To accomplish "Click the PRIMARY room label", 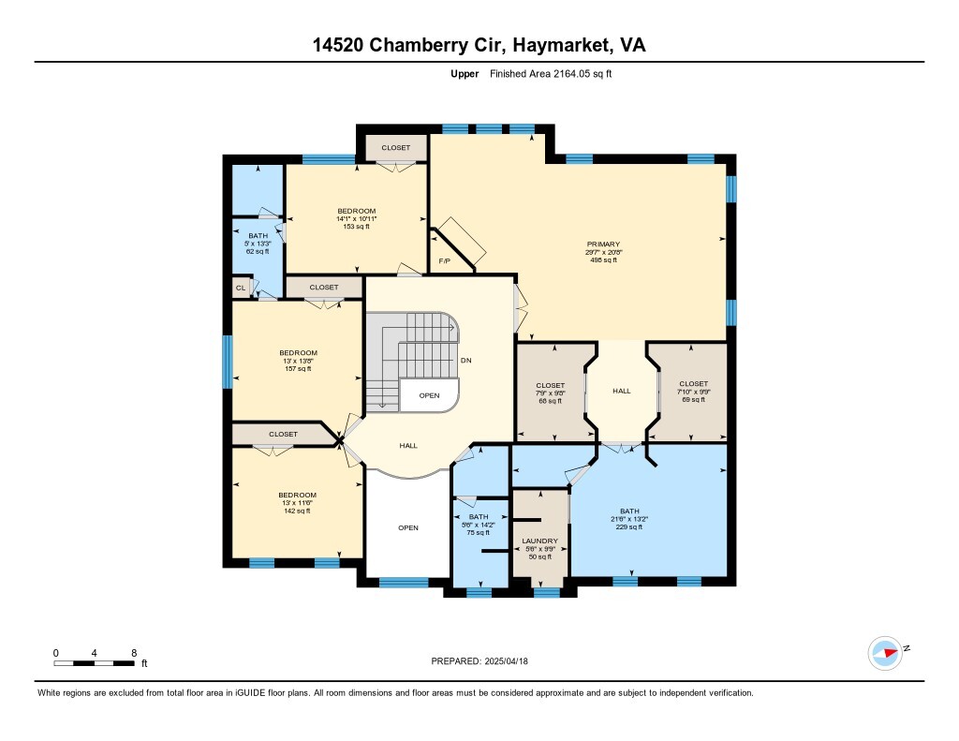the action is click(603, 245).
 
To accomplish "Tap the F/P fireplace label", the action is click(445, 261).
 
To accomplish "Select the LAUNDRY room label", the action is click(539, 541).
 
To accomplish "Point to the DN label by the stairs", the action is click(466, 361).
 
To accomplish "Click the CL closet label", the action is click(241, 288).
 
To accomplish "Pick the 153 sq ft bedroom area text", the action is click(356, 227).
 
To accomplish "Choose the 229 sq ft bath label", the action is click(629, 526).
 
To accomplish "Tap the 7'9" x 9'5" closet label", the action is click(550, 393).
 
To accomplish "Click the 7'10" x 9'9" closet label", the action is click(694, 392).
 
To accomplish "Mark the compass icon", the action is click(885, 653).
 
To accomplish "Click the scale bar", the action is click(94, 663).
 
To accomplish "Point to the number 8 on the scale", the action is click(134, 653).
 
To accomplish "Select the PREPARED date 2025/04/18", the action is click(507, 660).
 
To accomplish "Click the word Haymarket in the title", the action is click(562, 45).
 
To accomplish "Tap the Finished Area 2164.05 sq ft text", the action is click(551, 74).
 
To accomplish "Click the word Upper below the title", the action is click(465, 74).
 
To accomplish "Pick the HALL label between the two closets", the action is click(622, 391).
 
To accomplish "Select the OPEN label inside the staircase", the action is click(429, 396).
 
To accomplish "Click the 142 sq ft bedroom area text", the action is click(297, 511).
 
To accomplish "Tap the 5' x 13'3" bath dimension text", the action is click(258, 244).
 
